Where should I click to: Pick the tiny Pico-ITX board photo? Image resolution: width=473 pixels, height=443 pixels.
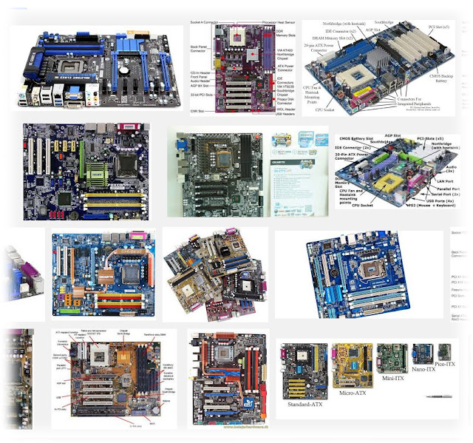click(443, 350)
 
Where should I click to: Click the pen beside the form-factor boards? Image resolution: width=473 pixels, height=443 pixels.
click(446, 396)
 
